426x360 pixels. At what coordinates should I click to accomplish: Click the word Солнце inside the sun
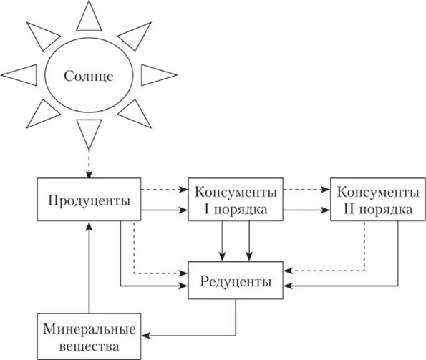(x=88, y=74)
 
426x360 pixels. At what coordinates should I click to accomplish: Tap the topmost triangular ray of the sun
(x=89, y=16)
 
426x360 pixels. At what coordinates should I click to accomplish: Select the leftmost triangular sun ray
(x=19, y=74)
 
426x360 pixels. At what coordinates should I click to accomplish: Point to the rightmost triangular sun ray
(x=153, y=74)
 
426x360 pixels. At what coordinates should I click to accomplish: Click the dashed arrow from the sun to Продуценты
(x=88, y=161)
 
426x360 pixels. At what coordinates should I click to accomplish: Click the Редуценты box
(x=236, y=281)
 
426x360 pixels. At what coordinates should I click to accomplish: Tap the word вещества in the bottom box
(x=88, y=347)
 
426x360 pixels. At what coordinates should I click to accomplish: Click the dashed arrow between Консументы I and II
(x=306, y=190)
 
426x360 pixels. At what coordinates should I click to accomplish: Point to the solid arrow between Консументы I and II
(x=306, y=210)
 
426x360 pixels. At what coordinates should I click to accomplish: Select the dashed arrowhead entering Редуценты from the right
(x=289, y=271)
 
